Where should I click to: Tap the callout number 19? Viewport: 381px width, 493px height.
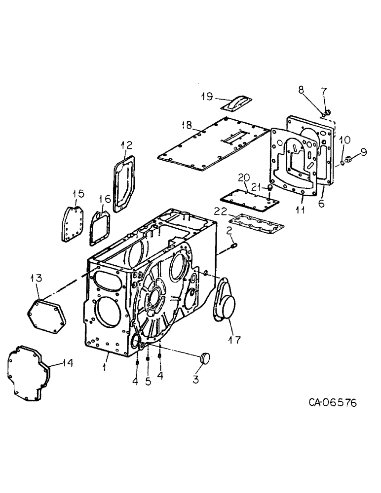(x=207, y=96)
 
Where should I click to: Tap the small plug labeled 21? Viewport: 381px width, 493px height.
(x=270, y=188)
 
